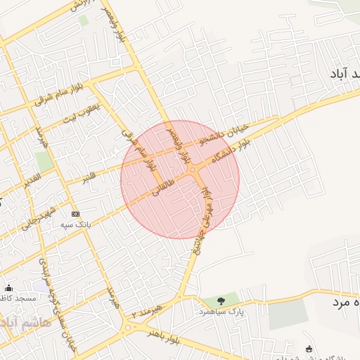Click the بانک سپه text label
coord(76,224)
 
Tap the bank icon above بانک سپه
coord(76,214)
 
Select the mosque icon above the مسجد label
coord(8,288)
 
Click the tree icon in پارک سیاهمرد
coord(221,301)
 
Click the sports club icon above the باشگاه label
coord(309,349)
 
